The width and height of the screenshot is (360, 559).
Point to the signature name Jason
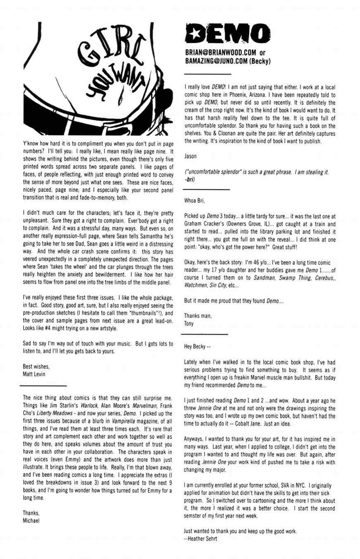(x=190, y=157)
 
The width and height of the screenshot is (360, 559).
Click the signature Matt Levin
(x=34, y=374)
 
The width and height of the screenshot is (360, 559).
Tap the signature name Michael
(x=31, y=520)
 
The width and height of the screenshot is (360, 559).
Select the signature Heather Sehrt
(x=201, y=539)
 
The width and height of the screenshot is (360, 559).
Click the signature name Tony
(x=189, y=323)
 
